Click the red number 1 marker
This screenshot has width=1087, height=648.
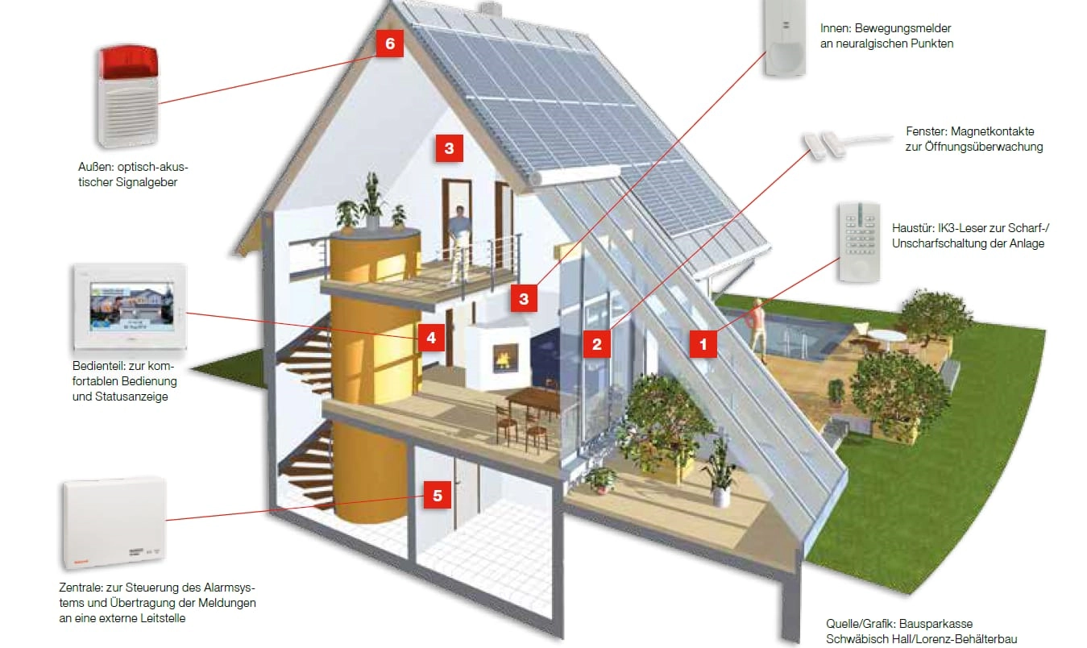tap(703, 345)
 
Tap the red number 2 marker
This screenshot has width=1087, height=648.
tap(596, 345)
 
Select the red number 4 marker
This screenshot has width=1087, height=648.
tap(431, 338)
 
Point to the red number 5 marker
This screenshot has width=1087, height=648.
tap(437, 496)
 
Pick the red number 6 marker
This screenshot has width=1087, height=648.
tap(389, 44)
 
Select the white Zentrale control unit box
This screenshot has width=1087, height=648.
tap(114, 522)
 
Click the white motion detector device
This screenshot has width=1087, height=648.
tap(785, 38)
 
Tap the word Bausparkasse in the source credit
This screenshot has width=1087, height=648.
tap(936, 624)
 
